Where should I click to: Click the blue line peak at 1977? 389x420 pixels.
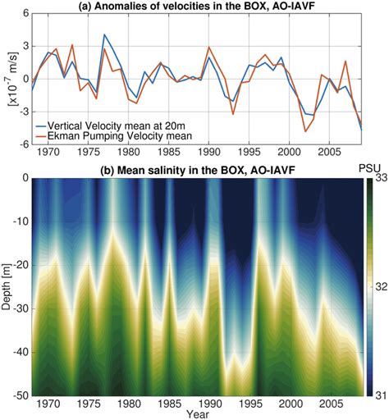(104, 35)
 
